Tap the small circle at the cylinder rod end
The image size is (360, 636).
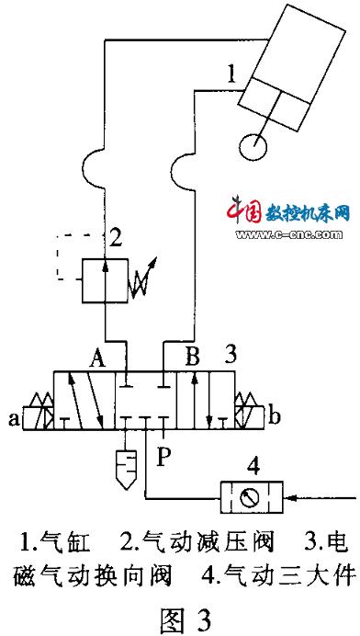pos(253,145)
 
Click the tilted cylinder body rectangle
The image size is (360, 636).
pos(294,57)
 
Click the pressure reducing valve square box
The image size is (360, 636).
pos(103,279)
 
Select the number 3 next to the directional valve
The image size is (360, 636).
pos(231,352)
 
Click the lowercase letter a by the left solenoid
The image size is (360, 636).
pos(14,419)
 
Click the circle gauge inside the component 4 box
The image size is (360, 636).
pos(247,499)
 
